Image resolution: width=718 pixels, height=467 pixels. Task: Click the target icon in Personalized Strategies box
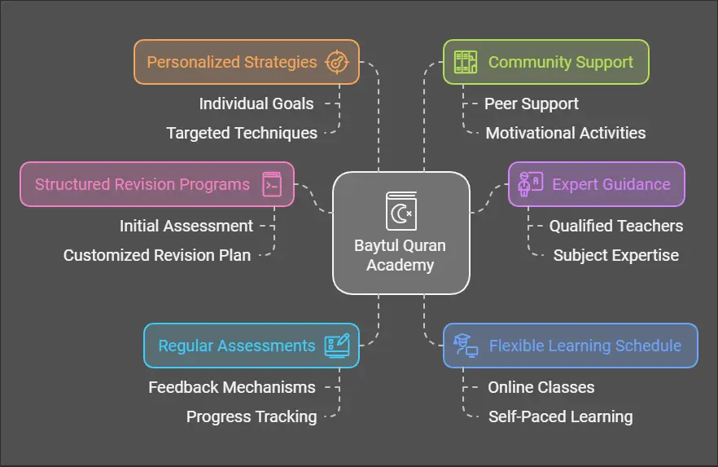pyautogui.click(x=336, y=62)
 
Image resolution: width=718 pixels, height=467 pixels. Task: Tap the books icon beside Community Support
pyautogui.click(x=465, y=62)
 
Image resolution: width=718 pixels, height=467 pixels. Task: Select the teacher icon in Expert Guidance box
pyautogui.click(x=530, y=183)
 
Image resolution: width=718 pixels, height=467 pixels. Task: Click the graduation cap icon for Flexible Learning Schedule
pyautogui.click(x=465, y=346)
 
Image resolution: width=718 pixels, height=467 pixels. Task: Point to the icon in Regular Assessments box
pyautogui.click(x=336, y=346)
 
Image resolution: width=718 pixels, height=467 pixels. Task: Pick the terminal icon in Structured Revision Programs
pyautogui.click(x=272, y=183)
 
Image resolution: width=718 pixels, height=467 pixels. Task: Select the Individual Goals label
pyautogui.click(x=256, y=104)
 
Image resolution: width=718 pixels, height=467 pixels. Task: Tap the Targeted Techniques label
pyautogui.click(x=242, y=133)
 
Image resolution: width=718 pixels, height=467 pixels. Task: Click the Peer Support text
pyautogui.click(x=532, y=104)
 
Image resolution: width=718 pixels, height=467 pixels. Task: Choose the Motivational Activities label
pyautogui.click(x=566, y=133)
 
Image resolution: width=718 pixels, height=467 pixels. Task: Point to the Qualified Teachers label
pyautogui.click(x=616, y=226)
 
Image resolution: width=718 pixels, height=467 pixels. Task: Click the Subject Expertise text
pyautogui.click(x=616, y=255)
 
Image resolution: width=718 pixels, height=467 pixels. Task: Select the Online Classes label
pyautogui.click(x=541, y=387)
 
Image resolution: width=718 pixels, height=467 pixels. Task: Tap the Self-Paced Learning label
pyautogui.click(x=560, y=416)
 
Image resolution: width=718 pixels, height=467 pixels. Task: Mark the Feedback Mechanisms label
pyautogui.click(x=232, y=387)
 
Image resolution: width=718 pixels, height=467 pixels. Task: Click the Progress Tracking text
pyautogui.click(x=252, y=416)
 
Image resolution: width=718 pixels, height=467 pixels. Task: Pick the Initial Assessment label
pyautogui.click(x=186, y=226)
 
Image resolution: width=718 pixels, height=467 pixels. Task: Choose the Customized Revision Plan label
pyautogui.click(x=157, y=255)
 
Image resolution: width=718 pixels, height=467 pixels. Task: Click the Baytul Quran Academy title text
pyautogui.click(x=401, y=255)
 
